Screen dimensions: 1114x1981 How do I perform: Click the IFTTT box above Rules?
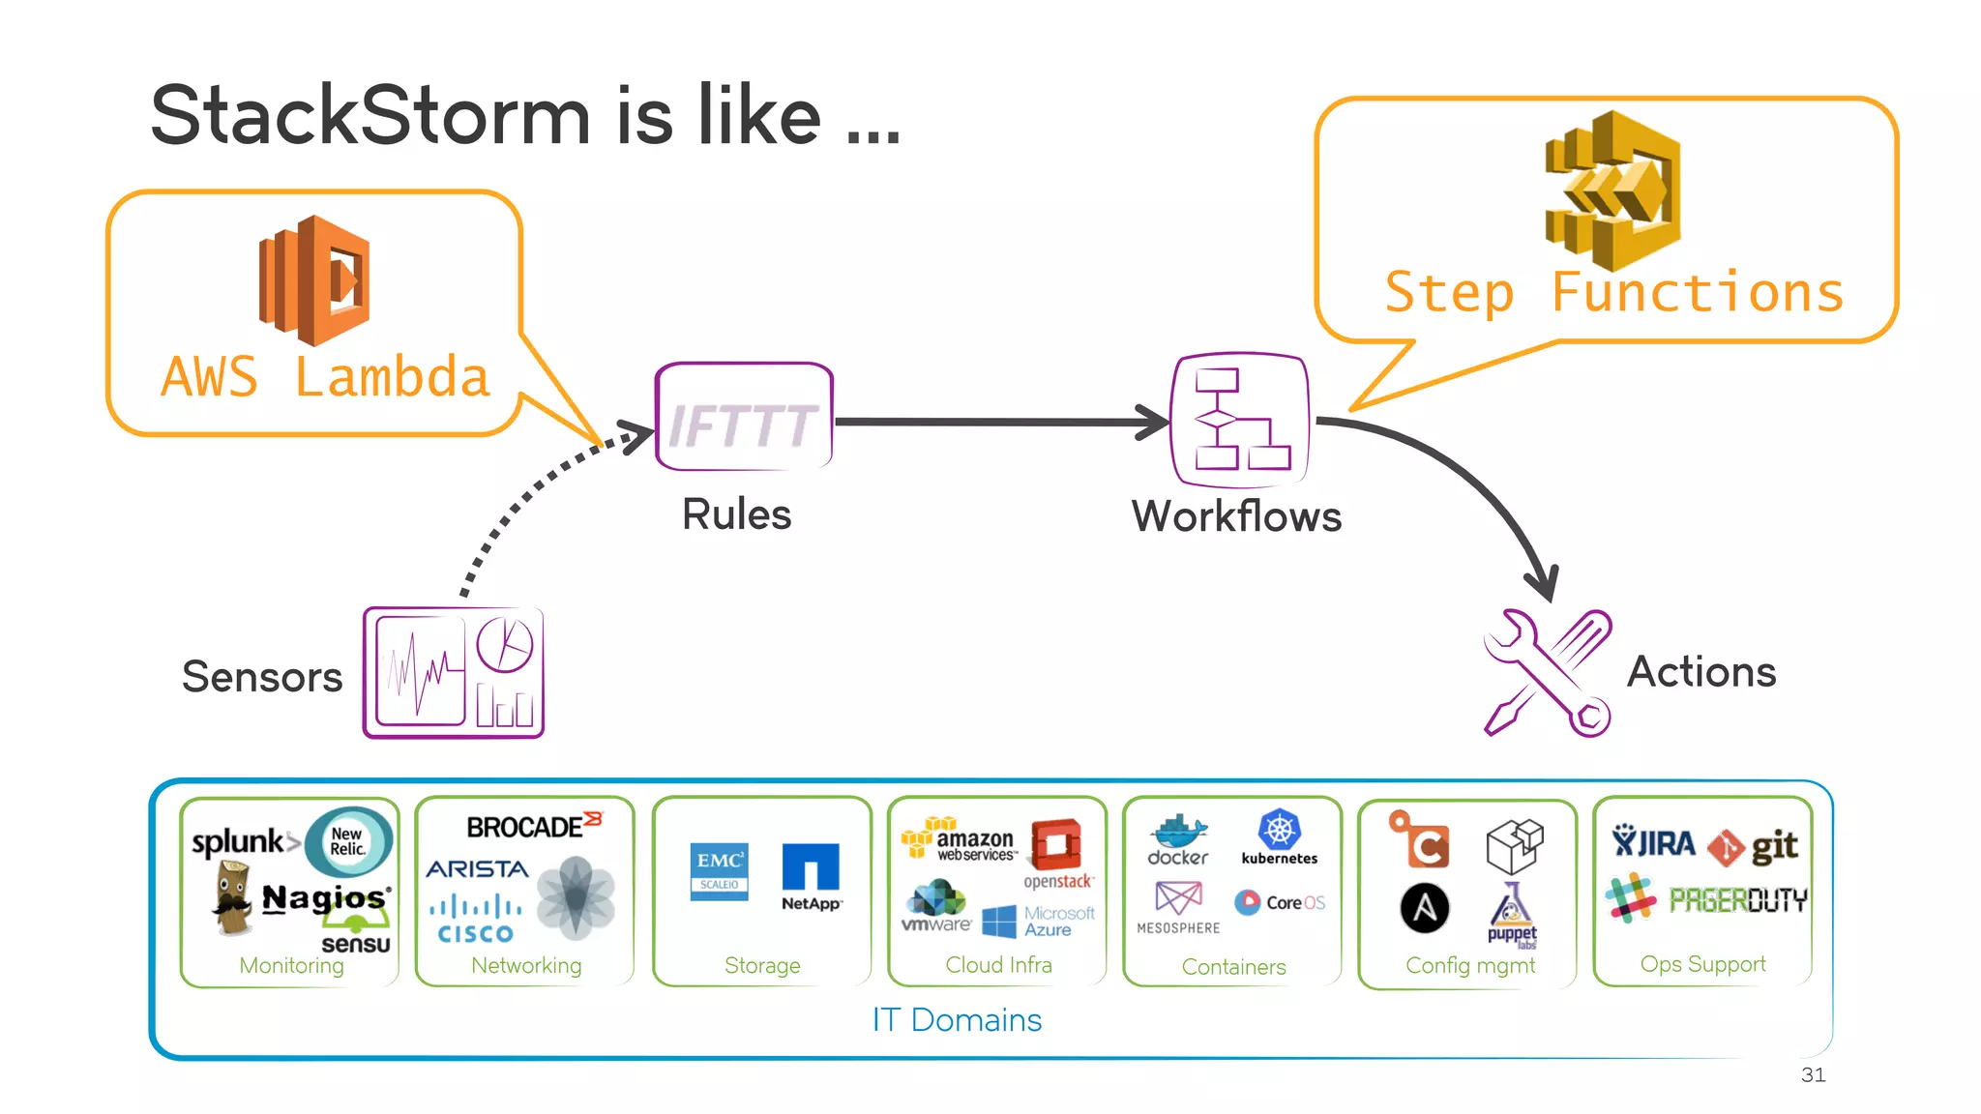pos(744,418)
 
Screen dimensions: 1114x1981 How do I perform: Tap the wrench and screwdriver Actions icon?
pos(1548,673)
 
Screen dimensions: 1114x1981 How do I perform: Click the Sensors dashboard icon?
pos(454,673)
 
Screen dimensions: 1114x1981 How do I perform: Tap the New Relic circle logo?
pos(348,841)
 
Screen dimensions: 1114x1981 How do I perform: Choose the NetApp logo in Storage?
pos(811,876)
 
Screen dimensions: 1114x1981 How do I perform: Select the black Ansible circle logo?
pos(1425,908)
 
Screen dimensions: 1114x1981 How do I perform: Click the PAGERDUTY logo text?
pos(1737,900)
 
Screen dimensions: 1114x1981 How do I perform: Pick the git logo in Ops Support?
pos(1753,847)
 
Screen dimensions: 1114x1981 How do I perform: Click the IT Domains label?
pos(957,1020)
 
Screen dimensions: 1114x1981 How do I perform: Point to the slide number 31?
pos(1813,1074)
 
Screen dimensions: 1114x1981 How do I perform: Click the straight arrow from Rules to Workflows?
pos(996,423)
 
